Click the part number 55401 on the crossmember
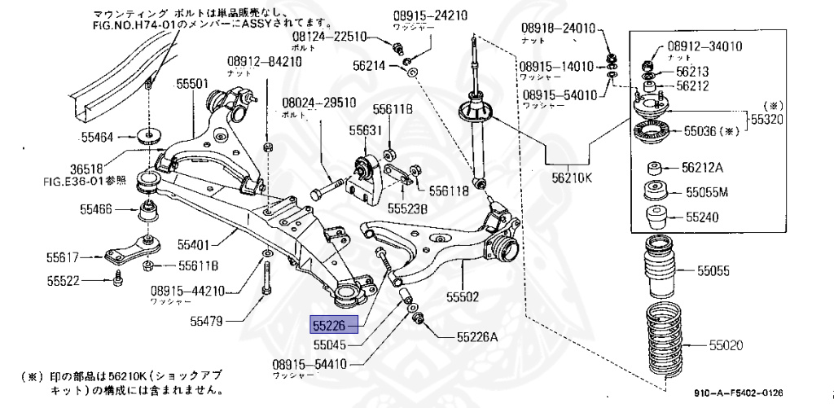click(x=195, y=243)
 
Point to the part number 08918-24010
click(x=562, y=29)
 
